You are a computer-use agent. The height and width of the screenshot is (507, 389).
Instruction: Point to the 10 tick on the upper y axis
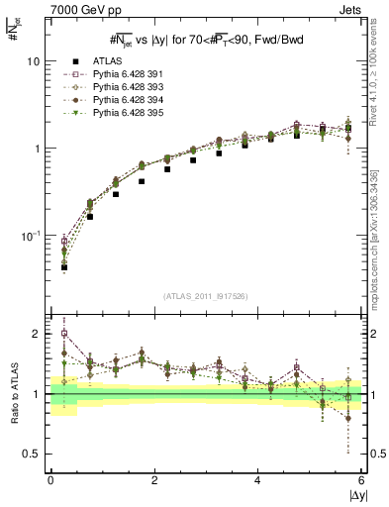33,61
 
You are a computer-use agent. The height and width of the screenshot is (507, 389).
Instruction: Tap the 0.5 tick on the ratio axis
31,454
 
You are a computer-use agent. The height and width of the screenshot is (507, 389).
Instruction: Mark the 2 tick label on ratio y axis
35,334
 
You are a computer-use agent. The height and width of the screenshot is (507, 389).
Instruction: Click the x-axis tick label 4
258,481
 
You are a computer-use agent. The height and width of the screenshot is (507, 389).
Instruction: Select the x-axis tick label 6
361,481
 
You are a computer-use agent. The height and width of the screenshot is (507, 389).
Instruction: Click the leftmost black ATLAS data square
64,267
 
